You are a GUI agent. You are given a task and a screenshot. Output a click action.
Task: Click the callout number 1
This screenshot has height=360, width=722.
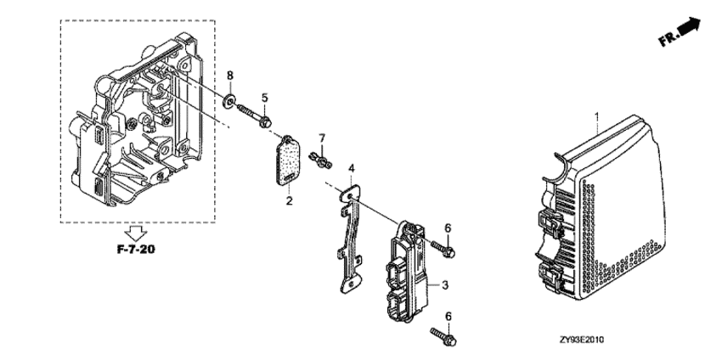[x=597, y=117]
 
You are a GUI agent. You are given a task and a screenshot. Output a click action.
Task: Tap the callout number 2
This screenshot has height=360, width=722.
[x=289, y=200]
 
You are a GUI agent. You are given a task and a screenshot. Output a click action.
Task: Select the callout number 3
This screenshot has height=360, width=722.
[x=444, y=285]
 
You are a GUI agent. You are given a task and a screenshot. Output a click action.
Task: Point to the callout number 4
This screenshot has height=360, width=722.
[x=352, y=168]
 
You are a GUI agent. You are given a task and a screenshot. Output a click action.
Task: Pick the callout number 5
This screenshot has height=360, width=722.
[x=264, y=98]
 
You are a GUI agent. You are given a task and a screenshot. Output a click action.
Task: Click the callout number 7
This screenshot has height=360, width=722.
[x=322, y=138]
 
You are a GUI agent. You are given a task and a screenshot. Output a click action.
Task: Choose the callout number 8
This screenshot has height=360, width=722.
[x=230, y=76]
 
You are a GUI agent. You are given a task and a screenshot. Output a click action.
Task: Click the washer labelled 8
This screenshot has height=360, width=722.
[x=228, y=102]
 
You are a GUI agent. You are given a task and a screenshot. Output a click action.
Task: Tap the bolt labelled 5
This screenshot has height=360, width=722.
[x=254, y=116]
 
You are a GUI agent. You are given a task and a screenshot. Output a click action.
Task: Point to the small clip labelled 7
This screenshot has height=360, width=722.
[x=320, y=160]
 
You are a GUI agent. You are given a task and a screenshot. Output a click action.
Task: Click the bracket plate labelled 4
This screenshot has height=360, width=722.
[x=352, y=238]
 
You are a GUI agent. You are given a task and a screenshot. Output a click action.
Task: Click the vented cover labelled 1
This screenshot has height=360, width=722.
[x=600, y=208]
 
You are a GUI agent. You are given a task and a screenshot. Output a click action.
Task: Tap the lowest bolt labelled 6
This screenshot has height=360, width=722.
[x=443, y=336]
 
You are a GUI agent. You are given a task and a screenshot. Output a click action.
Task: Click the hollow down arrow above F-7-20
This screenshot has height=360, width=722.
[x=136, y=233]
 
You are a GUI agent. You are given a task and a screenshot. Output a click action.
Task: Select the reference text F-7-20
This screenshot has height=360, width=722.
[x=136, y=250]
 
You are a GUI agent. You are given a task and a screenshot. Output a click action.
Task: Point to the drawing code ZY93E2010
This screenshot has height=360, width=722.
[x=582, y=340]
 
